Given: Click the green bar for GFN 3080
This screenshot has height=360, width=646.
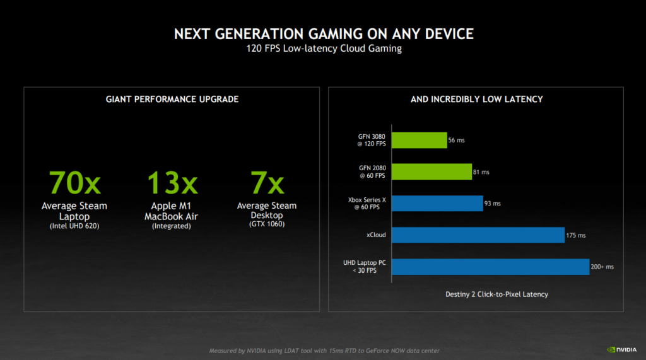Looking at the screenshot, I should coord(419,140).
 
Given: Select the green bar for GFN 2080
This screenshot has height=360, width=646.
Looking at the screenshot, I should coord(432,171).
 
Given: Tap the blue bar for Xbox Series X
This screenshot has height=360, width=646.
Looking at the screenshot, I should coord(437,203).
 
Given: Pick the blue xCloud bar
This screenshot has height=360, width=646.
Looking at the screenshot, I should coord(478,235).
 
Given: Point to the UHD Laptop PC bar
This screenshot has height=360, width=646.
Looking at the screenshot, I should coord(490,267).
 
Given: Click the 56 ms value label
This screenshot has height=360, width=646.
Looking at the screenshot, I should coord(457,140).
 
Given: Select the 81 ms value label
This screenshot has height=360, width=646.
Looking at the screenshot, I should coord(481,171).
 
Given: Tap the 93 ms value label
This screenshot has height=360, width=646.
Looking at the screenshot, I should coord(493,204).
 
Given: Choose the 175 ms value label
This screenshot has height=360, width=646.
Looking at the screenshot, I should coord(576,235).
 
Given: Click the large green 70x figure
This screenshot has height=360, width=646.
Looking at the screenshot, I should coord(74,183).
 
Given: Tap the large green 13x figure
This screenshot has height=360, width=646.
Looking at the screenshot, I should coord(172,183).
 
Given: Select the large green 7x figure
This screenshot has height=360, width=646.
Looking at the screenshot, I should coord(267,183).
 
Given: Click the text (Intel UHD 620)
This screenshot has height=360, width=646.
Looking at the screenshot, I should coord(74,226).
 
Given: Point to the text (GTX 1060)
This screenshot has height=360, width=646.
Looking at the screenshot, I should coord(267,224).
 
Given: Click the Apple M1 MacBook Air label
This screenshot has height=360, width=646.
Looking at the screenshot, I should coord(172,211).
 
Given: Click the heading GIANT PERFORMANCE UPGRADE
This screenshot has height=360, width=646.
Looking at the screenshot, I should coord(172,99).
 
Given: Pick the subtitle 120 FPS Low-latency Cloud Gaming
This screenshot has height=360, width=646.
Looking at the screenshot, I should coord(323,49).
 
